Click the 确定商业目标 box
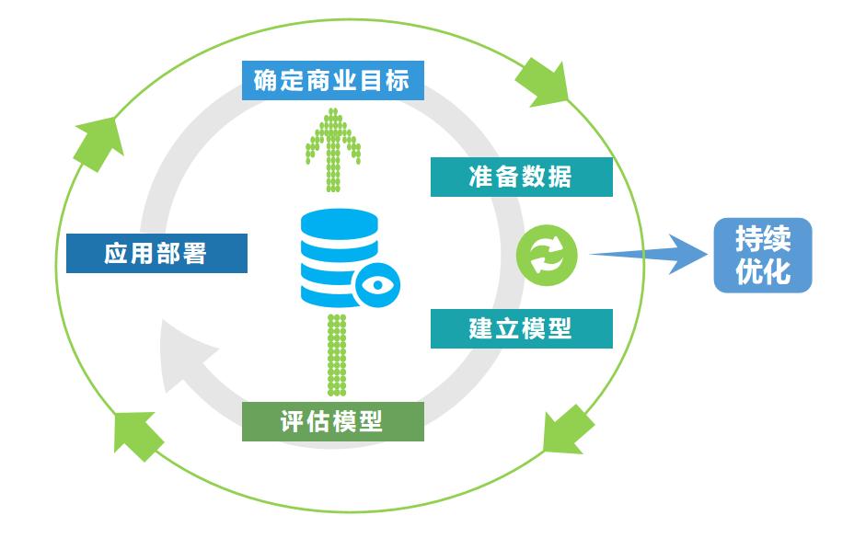pyautogui.click(x=332, y=81)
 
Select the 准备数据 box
pyautogui.click(x=521, y=177)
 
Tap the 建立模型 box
pyautogui.click(x=521, y=328)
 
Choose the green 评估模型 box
pyautogui.click(x=332, y=422)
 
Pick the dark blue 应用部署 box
pyautogui.click(x=156, y=253)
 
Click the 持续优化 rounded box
pyautogui.click(x=763, y=255)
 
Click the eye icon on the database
pyautogui.click(x=375, y=283)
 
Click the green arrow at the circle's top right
pyautogui.click(x=542, y=83)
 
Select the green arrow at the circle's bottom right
pyautogui.click(x=564, y=429)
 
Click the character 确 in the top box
pyautogui.click(x=269, y=81)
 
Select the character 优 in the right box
pyautogui.click(x=749, y=272)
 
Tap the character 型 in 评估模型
pyautogui.click(x=370, y=422)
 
